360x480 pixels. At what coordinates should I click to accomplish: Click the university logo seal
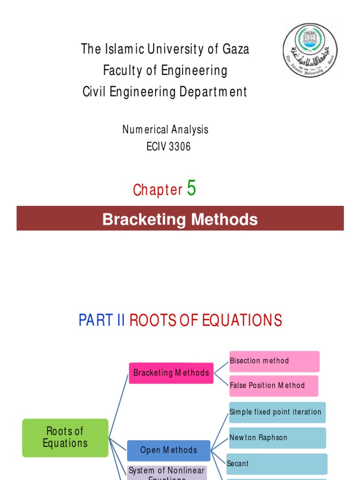(310, 50)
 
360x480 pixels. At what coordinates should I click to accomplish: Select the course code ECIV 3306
(168, 147)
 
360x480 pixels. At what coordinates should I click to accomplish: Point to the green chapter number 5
(191, 188)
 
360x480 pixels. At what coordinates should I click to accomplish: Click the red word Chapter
(157, 190)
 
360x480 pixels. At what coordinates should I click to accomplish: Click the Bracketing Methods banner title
(180, 219)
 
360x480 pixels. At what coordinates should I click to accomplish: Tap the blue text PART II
(102, 320)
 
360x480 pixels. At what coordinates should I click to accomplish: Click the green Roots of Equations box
(65, 437)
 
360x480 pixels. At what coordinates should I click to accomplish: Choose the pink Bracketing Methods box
(171, 373)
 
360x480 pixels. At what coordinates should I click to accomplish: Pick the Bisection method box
(274, 361)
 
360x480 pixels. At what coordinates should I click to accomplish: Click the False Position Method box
(273, 386)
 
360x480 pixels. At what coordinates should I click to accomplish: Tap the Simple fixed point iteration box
(277, 412)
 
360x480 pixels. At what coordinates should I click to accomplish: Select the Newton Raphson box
(277, 438)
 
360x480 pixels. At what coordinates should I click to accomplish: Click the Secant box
(277, 464)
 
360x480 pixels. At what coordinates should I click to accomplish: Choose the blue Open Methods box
(169, 450)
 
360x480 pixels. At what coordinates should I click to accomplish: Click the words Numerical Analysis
(165, 129)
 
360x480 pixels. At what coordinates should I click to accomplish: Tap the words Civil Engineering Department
(165, 92)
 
